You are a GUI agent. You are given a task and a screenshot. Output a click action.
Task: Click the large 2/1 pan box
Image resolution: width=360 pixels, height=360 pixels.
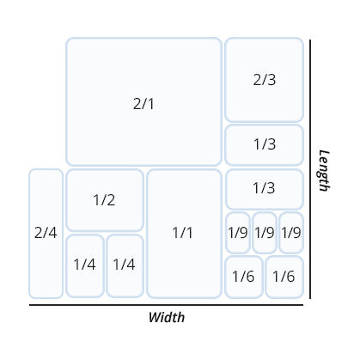(143, 101)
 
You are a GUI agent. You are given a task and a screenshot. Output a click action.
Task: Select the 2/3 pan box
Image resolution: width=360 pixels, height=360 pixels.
(264, 80)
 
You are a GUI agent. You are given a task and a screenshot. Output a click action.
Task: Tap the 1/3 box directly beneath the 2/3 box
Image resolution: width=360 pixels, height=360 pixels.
(264, 145)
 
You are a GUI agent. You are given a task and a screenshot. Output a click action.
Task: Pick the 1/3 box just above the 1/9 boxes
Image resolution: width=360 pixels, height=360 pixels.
(264, 189)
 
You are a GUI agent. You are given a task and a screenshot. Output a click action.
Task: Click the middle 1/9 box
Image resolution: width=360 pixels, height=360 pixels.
(265, 233)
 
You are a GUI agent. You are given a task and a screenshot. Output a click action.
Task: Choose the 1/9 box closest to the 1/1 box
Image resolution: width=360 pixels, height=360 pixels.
(238, 233)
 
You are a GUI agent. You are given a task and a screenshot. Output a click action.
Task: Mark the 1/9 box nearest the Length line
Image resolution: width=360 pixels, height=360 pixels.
(291, 233)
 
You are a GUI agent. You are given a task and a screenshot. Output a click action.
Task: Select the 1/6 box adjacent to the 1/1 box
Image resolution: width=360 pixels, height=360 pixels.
(244, 277)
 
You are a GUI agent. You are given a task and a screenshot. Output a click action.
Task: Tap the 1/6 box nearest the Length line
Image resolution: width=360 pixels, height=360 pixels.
(284, 277)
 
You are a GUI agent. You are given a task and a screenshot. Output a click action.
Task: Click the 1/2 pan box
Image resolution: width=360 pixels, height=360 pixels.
(105, 200)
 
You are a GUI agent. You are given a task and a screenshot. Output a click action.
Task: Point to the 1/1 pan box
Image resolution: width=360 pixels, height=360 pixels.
(184, 234)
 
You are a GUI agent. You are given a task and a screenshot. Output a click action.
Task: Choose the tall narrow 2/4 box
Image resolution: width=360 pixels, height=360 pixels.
(46, 234)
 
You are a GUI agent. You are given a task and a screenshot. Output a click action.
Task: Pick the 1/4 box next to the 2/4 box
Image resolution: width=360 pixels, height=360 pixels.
(85, 265)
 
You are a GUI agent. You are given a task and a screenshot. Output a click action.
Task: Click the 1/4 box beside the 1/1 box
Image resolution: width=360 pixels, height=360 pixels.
(125, 265)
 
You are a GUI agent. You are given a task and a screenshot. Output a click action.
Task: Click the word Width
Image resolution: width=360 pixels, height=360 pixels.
(167, 317)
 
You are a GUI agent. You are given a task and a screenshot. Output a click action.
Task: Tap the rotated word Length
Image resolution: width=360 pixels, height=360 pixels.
(324, 170)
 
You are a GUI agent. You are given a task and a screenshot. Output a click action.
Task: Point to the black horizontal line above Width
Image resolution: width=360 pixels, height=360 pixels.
(166, 305)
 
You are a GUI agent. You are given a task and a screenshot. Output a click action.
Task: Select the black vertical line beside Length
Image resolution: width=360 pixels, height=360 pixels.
(310, 169)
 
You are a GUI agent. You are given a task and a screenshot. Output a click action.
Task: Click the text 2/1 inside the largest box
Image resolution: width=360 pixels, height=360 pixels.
(143, 104)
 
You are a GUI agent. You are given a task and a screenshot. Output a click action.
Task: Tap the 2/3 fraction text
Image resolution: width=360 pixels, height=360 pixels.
(265, 80)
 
